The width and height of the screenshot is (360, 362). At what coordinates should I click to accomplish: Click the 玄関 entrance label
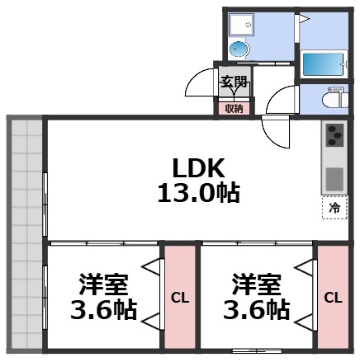click(234, 82)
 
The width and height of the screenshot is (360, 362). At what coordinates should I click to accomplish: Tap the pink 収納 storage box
click(234, 107)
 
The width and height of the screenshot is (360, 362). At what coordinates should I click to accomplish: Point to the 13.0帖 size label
click(198, 194)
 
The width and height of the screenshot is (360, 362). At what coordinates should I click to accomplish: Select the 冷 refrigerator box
click(334, 208)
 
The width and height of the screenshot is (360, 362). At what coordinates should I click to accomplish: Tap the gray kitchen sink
click(334, 178)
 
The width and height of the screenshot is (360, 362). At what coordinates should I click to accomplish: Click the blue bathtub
click(324, 63)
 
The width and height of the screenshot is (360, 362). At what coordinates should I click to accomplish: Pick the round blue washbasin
click(238, 49)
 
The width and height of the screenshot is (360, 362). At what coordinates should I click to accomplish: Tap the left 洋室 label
click(103, 284)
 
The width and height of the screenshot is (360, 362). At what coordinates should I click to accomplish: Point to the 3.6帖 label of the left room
click(103, 313)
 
